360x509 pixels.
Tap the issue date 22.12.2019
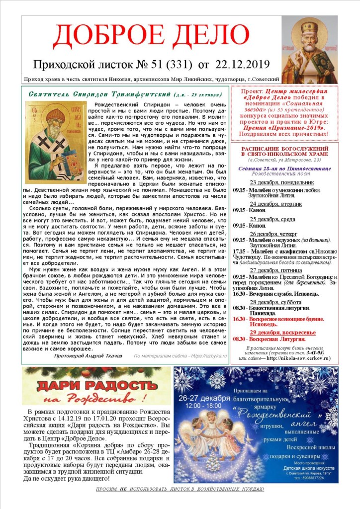(236, 65)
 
